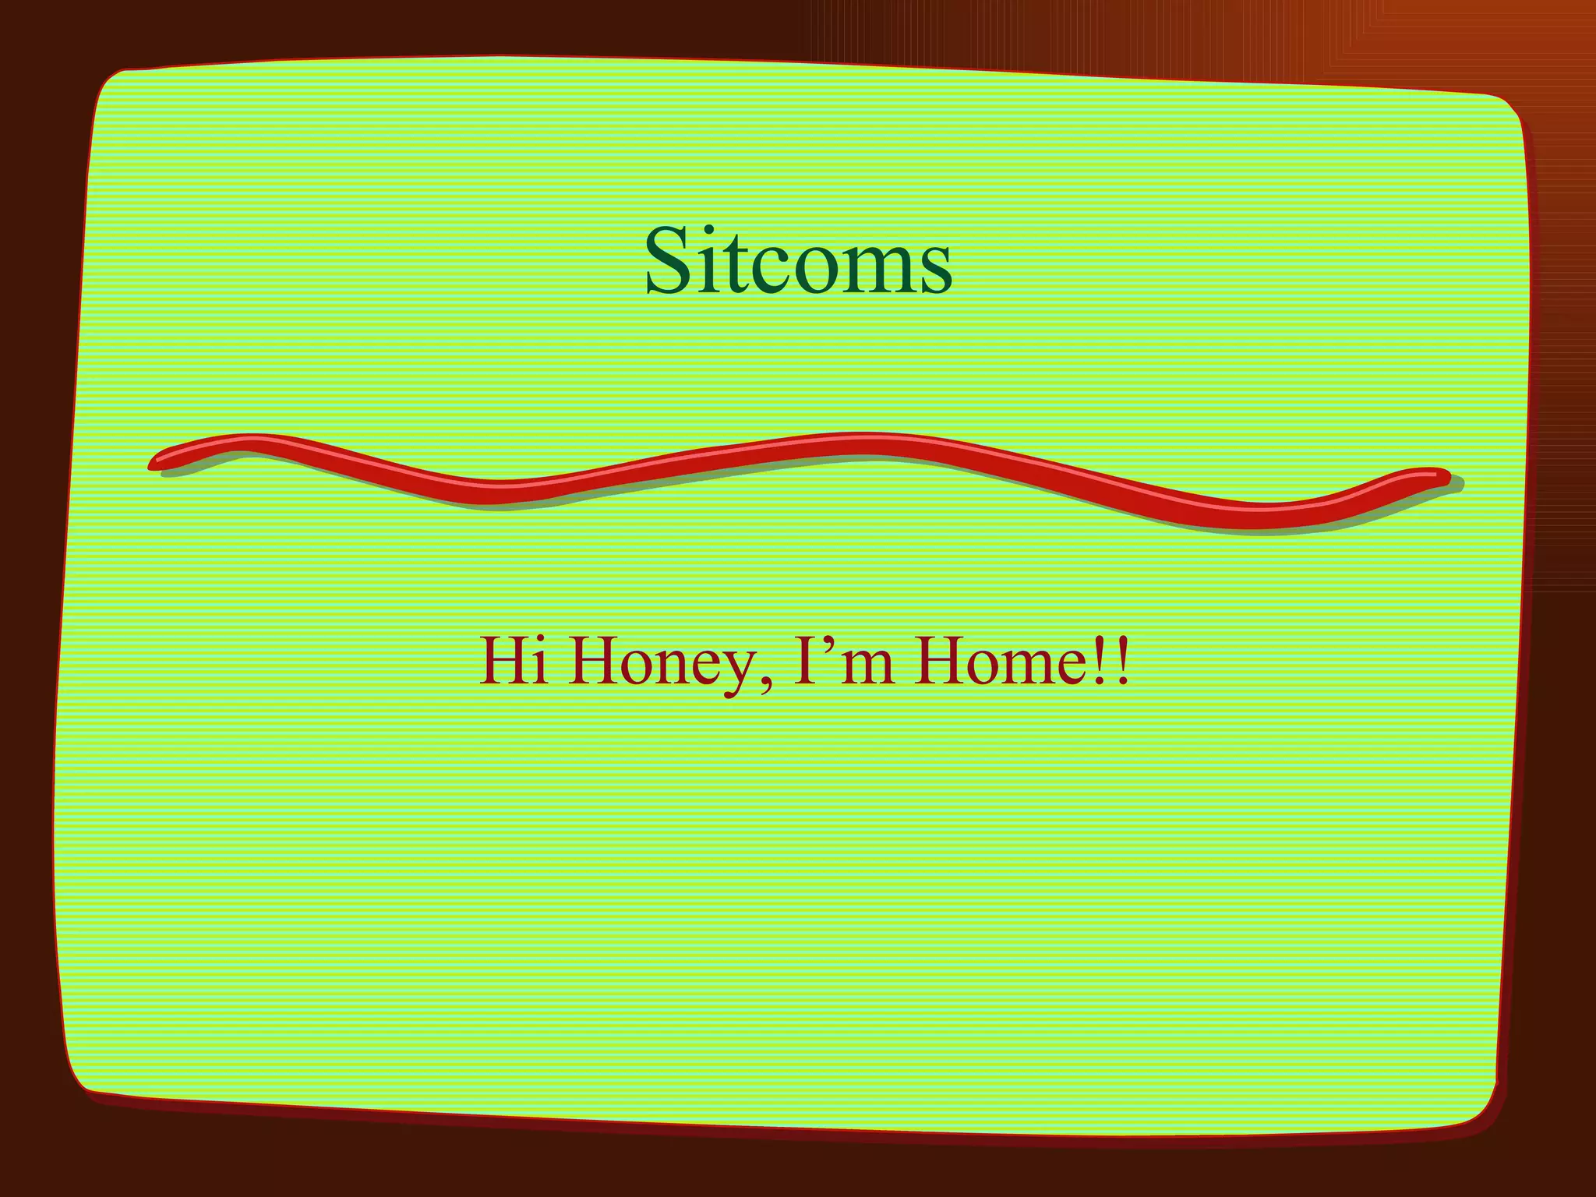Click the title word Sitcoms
tap(798, 261)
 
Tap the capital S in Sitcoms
tap(670, 261)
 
